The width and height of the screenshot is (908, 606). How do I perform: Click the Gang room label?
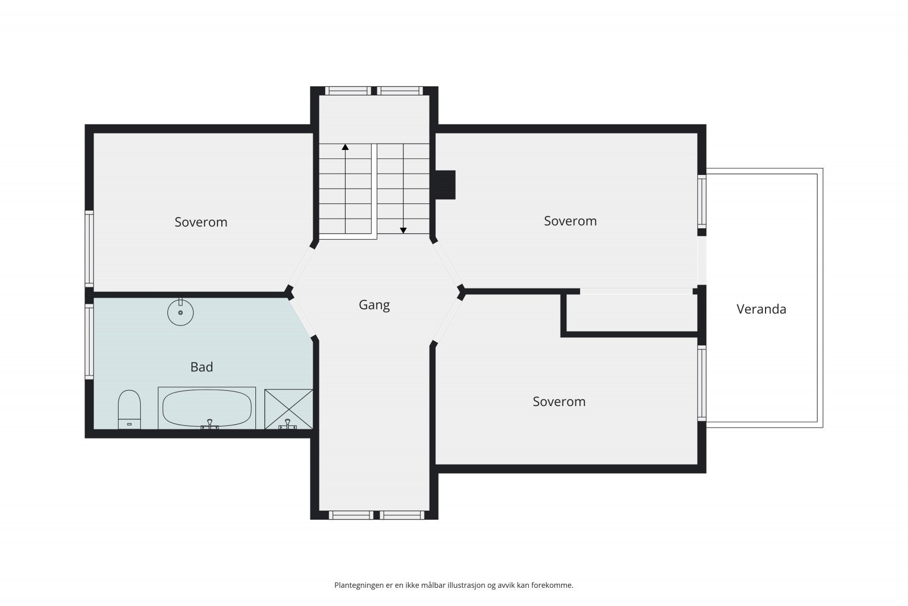click(x=374, y=305)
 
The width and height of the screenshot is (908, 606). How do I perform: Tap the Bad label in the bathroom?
click(x=201, y=367)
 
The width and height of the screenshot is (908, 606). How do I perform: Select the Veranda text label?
click(x=761, y=309)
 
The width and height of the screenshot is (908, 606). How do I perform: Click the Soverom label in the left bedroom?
click(x=201, y=222)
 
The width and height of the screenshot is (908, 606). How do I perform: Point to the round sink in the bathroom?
click(x=180, y=312)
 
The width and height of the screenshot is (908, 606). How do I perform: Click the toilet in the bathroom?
click(x=129, y=408)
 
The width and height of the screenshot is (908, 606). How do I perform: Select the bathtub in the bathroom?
click(x=207, y=408)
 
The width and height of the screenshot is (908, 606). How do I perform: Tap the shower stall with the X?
click(x=288, y=408)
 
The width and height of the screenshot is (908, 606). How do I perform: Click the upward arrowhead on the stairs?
click(x=345, y=147)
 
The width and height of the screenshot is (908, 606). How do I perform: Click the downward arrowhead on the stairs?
click(x=403, y=230)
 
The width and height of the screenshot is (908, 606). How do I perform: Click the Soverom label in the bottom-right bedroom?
click(x=559, y=402)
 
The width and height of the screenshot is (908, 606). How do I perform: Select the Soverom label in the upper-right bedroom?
click(x=570, y=221)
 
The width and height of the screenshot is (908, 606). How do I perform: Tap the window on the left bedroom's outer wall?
click(x=89, y=248)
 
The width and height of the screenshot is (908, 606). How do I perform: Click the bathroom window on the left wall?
click(x=89, y=341)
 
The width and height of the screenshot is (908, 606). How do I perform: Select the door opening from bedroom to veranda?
click(x=701, y=260)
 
